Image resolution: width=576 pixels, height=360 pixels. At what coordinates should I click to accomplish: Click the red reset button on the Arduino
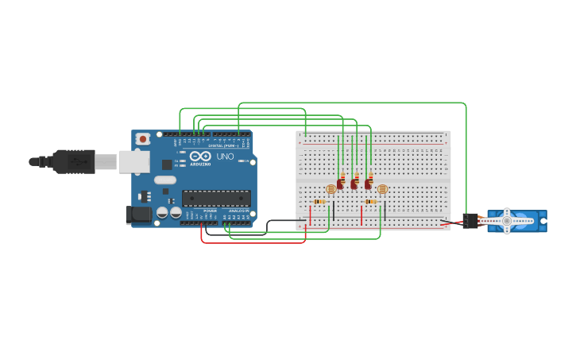(x=142, y=139)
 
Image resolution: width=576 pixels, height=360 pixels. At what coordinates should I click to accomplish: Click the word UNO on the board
(x=225, y=156)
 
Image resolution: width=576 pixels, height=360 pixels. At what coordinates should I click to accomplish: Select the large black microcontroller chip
(x=216, y=199)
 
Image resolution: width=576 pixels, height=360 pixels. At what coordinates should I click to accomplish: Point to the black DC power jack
(x=139, y=214)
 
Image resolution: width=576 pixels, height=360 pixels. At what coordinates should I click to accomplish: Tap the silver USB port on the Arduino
(x=133, y=162)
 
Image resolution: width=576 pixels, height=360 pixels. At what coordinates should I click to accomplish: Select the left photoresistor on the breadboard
(x=331, y=189)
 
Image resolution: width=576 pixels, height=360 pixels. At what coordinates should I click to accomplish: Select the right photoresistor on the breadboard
(x=382, y=189)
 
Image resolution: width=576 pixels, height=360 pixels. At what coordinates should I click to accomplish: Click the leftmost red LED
(x=340, y=184)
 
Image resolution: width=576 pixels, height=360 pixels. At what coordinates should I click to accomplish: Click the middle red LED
(x=354, y=184)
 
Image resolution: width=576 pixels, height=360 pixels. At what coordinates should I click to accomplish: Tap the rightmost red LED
(x=368, y=184)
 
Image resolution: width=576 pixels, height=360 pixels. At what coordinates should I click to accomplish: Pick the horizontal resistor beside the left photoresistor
(x=319, y=202)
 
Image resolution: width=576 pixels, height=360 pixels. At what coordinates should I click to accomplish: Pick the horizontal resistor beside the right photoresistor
(x=371, y=202)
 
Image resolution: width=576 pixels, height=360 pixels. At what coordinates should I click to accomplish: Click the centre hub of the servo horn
(x=506, y=221)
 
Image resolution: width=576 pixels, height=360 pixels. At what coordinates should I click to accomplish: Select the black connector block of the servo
(x=470, y=221)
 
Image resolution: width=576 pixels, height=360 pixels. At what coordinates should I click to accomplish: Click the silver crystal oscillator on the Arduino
(x=165, y=180)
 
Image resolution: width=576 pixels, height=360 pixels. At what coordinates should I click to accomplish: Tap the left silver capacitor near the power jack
(x=162, y=213)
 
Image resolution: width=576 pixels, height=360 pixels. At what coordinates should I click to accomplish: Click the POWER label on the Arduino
(x=210, y=211)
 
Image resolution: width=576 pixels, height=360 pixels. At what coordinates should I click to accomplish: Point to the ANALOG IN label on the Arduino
(x=238, y=211)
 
